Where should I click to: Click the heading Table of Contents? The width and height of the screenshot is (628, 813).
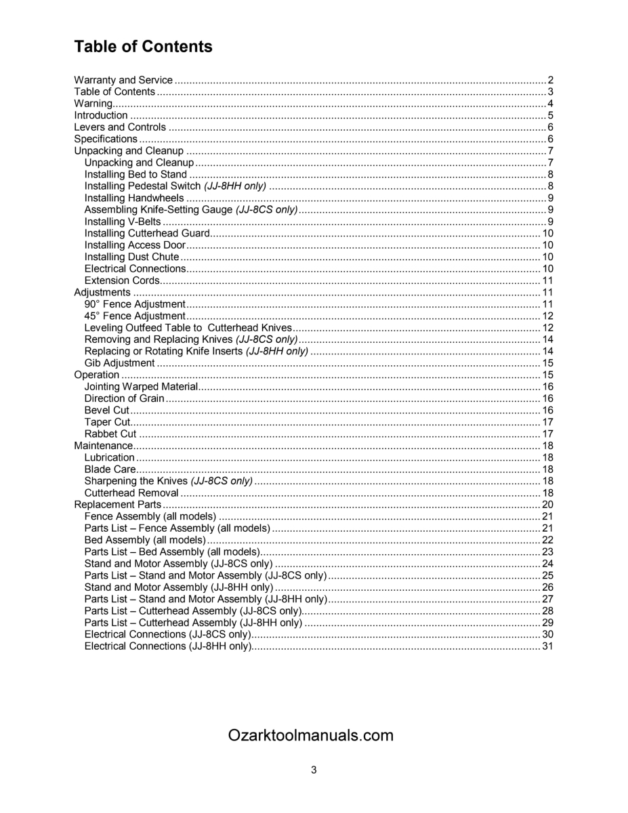[143, 47]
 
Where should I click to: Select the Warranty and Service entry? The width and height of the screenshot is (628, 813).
[123, 80]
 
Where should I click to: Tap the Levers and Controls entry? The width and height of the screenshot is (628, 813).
[119, 127]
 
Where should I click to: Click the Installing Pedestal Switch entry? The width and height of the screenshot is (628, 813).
[175, 186]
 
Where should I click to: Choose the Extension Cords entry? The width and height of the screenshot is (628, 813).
[122, 280]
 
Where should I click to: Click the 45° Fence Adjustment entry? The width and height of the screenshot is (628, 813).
[134, 316]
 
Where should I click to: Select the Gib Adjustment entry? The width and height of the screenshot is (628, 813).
[119, 363]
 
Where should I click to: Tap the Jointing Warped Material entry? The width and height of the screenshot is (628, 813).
[141, 387]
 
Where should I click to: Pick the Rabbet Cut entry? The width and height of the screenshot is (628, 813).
[110, 434]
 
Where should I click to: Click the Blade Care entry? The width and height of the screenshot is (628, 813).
[110, 469]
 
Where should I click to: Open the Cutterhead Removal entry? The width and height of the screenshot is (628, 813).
[131, 493]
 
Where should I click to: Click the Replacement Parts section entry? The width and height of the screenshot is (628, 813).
[117, 505]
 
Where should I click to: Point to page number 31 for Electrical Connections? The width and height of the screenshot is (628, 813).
[548, 646]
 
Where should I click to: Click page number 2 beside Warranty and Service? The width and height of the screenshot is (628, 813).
[551, 80]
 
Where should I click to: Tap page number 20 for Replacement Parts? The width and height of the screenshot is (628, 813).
[548, 505]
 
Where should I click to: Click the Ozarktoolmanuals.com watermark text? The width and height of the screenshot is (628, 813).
[311, 736]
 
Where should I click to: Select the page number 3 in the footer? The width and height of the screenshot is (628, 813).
[314, 770]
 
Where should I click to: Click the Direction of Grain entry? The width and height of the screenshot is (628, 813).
[124, 398]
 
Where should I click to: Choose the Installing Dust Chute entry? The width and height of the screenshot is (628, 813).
[131, 257]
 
